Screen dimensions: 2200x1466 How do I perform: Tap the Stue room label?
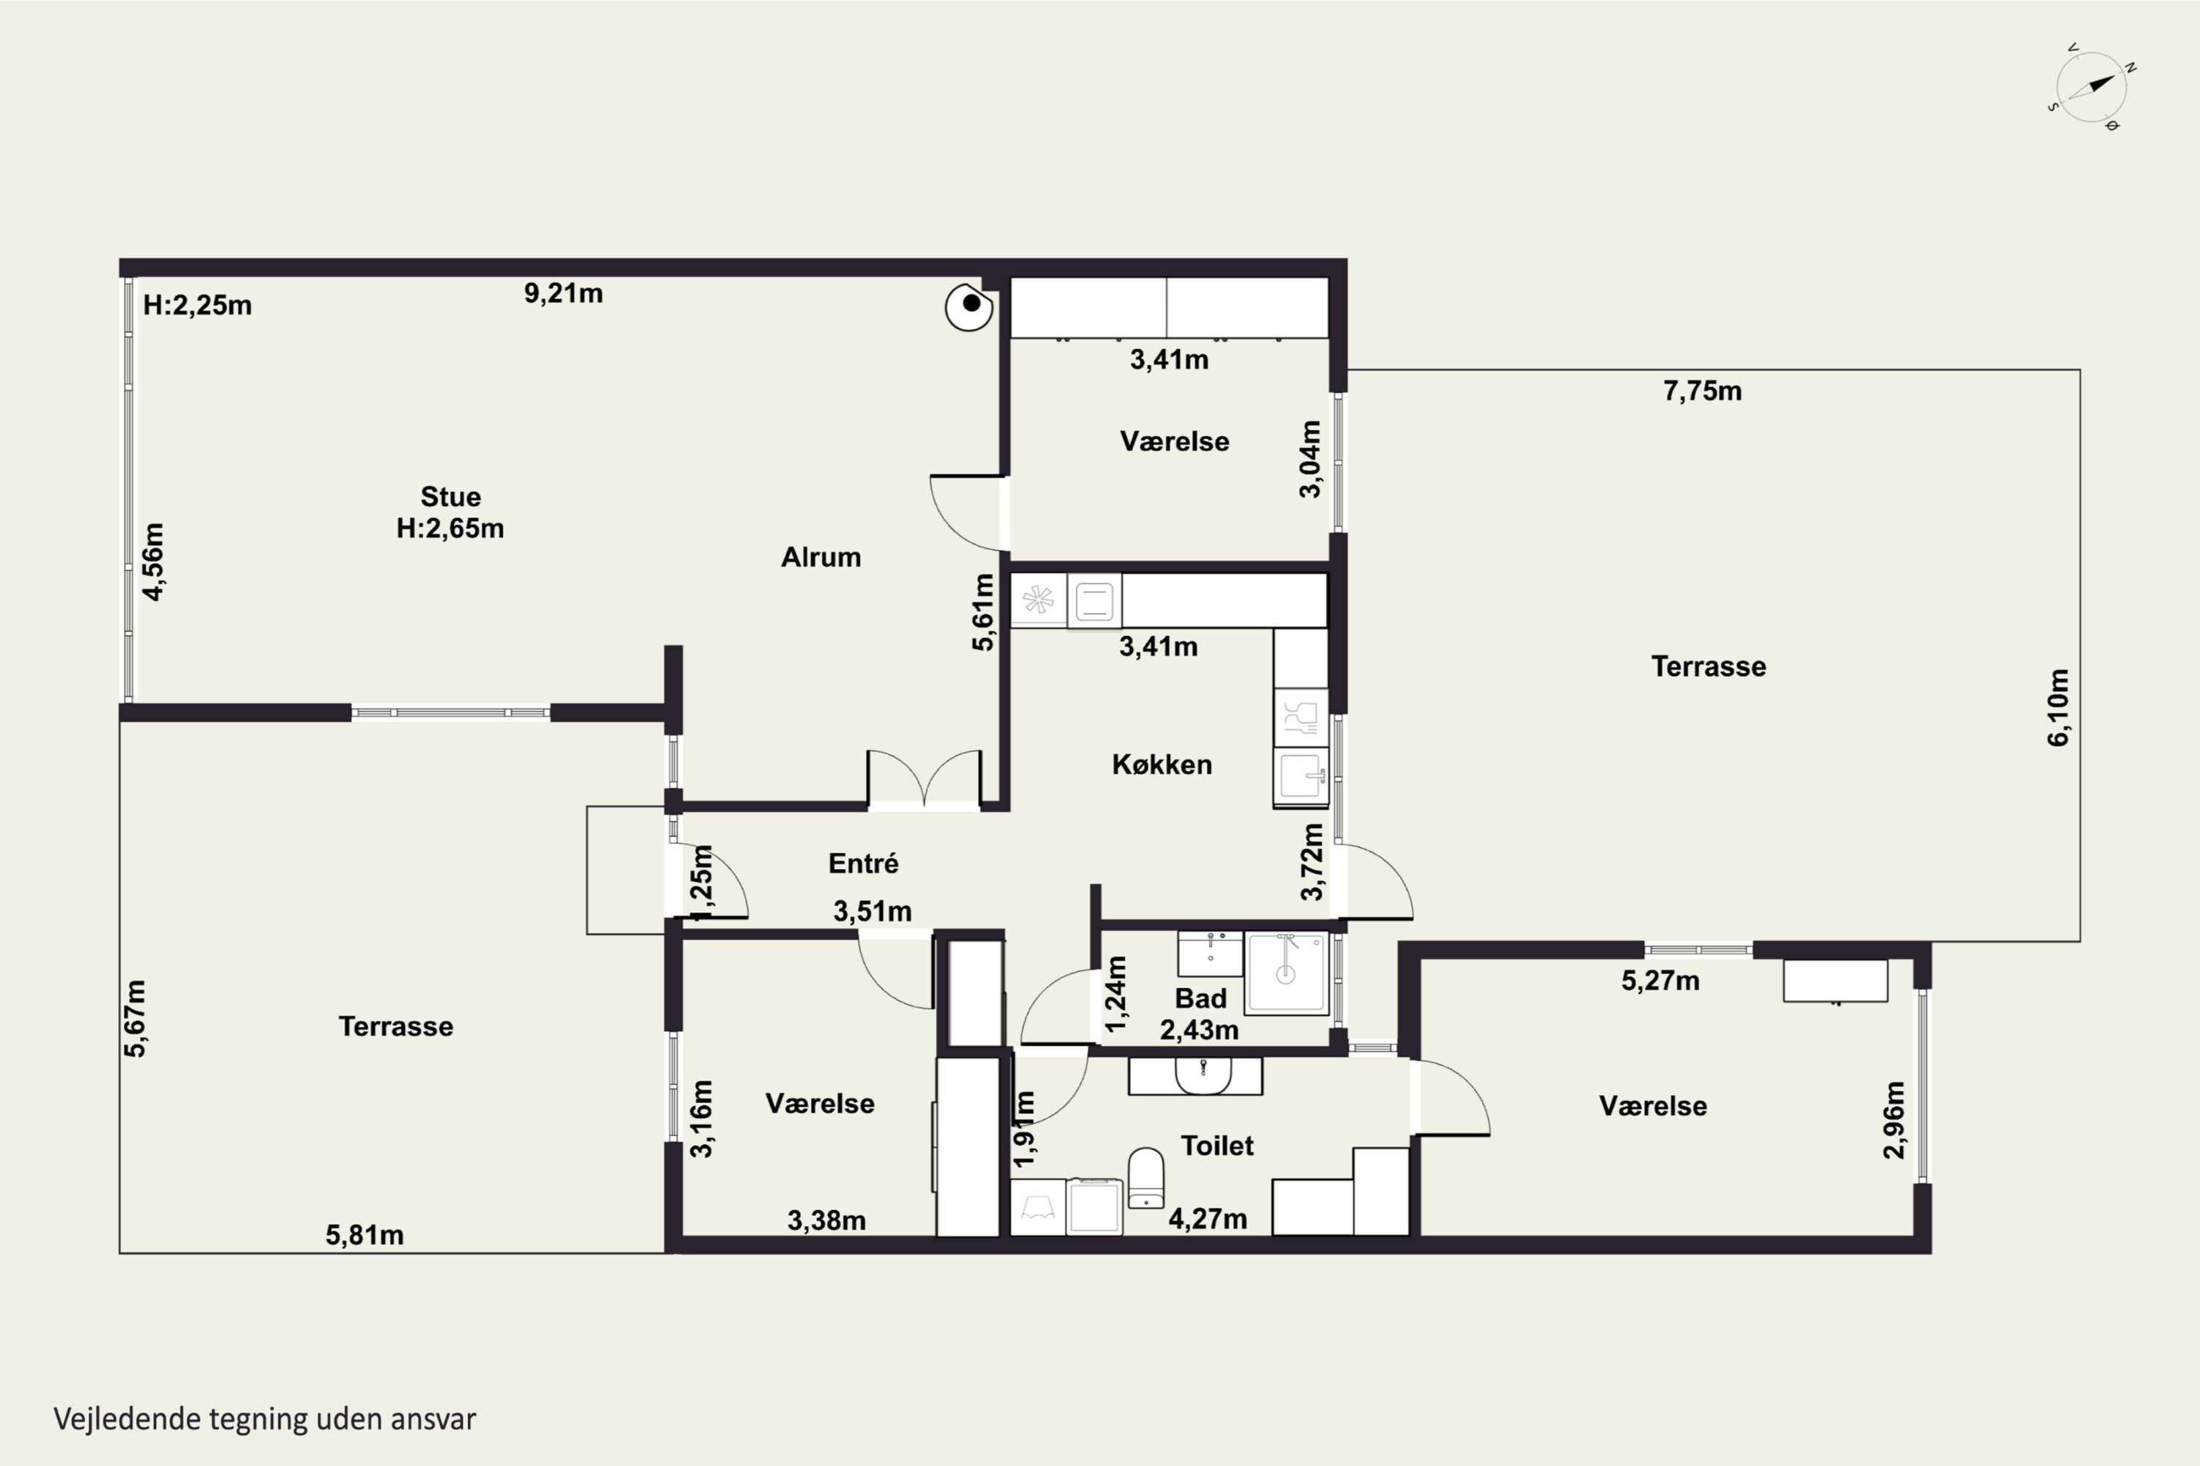point(450,496)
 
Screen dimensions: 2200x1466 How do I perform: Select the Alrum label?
point(821,557)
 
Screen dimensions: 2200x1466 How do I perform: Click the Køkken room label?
point(1162,765)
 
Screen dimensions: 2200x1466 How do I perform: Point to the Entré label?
point(863,863)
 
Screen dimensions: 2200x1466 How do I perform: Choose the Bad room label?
point(1200,998)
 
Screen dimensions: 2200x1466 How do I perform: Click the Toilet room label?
point(1217,1145)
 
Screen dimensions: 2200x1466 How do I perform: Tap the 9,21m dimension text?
point(563,294)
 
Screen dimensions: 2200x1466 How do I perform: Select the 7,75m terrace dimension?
point(1702,391)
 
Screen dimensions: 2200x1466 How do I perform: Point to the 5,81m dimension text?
point(364,1235)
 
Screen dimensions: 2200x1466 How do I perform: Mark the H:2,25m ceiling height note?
point(197,306)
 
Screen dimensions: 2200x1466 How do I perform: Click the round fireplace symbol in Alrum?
point(969,306)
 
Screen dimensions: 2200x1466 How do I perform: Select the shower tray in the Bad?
point(1286,973)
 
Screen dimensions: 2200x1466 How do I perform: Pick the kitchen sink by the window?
point(1300,776)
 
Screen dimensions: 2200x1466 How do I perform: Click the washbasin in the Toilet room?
point(1203,1075)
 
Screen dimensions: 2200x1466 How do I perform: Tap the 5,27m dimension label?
point(1660,981)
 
